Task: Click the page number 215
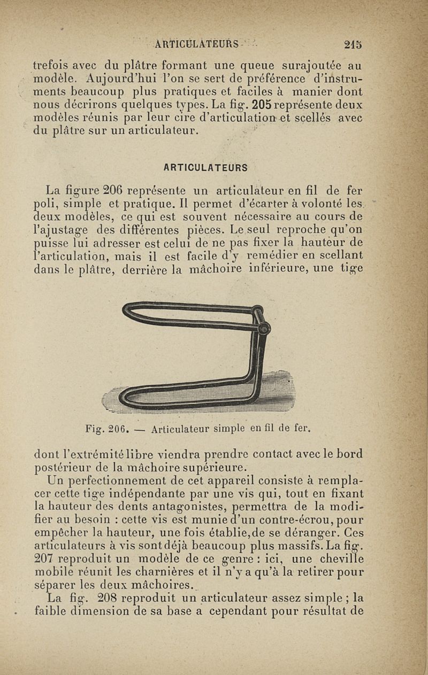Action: click(x=354, y=44)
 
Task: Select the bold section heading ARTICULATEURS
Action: click(x=206, y=168)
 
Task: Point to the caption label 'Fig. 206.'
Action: click(x=105, y=429)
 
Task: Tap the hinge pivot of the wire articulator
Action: click(x=264, y=329)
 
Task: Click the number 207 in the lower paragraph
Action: click(x=44, y=559)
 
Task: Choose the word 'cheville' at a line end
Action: click(x=343, y=559)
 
